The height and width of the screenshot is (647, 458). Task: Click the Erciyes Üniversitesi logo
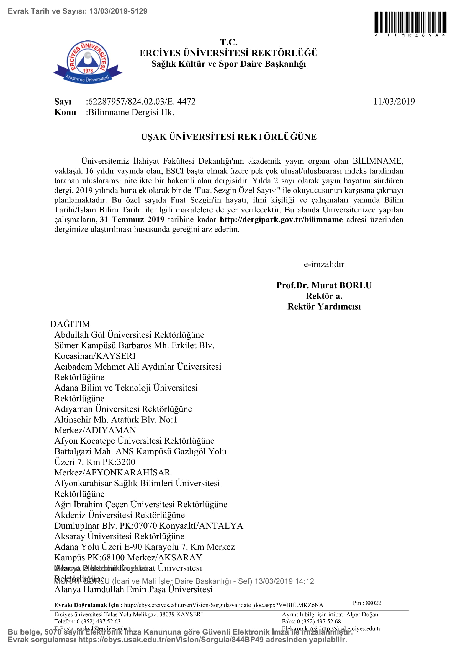[x=88, y=62]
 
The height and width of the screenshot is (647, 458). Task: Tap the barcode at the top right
[x=409, y=22]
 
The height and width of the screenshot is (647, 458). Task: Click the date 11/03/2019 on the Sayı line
[x=394, y=102]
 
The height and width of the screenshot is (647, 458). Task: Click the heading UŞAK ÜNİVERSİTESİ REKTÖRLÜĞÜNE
[x=229, y=137]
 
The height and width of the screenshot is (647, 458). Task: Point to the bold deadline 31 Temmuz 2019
[x=132, y=220]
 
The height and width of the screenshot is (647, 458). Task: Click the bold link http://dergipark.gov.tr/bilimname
[x=281, y=220]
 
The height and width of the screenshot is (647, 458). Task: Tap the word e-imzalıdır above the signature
[x=324, y=264]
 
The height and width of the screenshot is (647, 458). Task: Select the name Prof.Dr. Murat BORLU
[x=324, y=285]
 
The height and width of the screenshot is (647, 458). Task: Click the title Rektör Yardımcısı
[x=324, y=306]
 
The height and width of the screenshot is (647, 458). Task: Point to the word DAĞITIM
[x=70, y=324]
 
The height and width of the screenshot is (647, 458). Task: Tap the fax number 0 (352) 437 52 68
[x=319, y=621]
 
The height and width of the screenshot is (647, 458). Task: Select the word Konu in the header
[x=65, y=112]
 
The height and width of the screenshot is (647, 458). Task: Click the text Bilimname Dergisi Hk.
[x=131, y=112]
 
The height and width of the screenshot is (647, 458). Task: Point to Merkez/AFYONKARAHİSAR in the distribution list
[x=112, y=472]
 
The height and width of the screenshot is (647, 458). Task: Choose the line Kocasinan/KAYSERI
[x=95, y=356]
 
